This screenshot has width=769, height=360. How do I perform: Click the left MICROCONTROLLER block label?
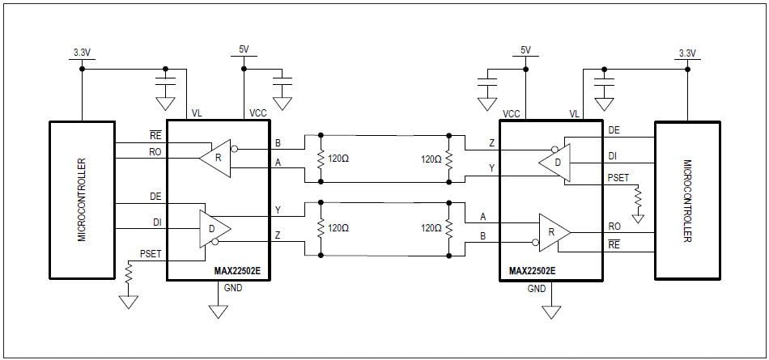(x=82, y=200)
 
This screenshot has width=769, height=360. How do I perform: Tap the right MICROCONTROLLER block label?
(x=687, y=200)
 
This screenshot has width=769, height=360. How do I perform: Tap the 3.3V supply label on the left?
(x=82, y=53)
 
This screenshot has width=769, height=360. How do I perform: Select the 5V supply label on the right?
(x=525, y=50)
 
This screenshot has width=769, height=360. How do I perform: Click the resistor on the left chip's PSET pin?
(x=128, y=274)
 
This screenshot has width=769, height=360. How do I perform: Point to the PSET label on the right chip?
(x=618, y=177)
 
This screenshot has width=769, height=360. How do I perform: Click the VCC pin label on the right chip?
(x=511, y=114)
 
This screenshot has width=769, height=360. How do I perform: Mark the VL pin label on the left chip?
(x=197, y=114)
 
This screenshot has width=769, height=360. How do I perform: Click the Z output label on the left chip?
(x=278, y=235)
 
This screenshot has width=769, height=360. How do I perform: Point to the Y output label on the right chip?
(x=492, y=168)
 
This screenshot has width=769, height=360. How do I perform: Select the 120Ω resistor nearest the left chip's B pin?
(x=322, y=159)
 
